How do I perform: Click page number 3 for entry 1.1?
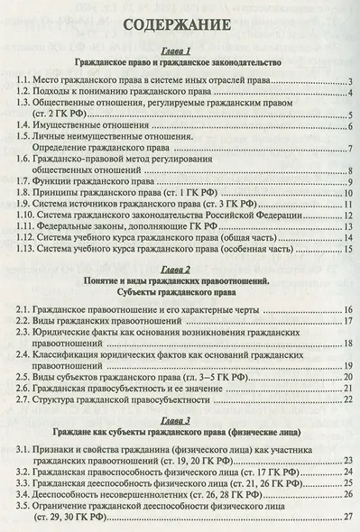pyautogui.click(x=348, y=84)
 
